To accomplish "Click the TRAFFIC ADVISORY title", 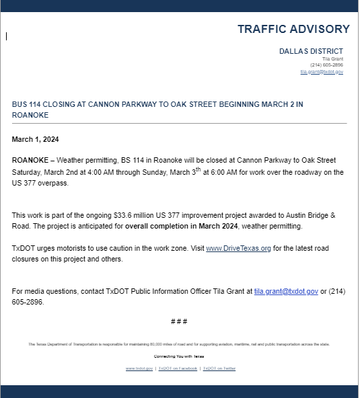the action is pos(293,29).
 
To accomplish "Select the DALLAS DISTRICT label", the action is pos(311,51).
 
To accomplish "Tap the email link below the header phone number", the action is pos(322,71).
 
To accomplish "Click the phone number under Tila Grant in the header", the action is pos(328,65).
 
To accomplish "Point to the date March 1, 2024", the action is pos(36,140).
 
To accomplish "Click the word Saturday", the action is pos(26,172).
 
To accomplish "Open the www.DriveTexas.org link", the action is pos(238,248).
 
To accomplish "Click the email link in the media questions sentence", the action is pos(286,291).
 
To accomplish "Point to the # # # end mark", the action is pos(179,321).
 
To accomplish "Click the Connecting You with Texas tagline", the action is pos(179,356).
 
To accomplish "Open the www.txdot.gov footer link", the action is pos(139,368).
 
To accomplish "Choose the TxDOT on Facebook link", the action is pos(178,368).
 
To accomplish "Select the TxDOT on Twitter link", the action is pos(219,368).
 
